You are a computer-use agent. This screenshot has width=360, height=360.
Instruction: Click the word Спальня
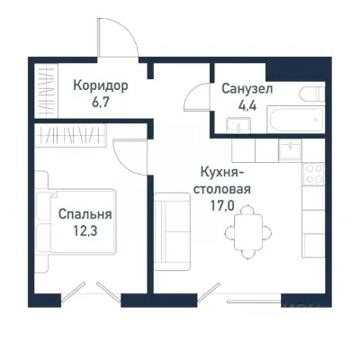point(85,215)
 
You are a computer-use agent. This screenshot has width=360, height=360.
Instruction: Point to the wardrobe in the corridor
point(44,91)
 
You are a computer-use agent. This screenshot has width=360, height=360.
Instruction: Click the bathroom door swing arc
point(200,94)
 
